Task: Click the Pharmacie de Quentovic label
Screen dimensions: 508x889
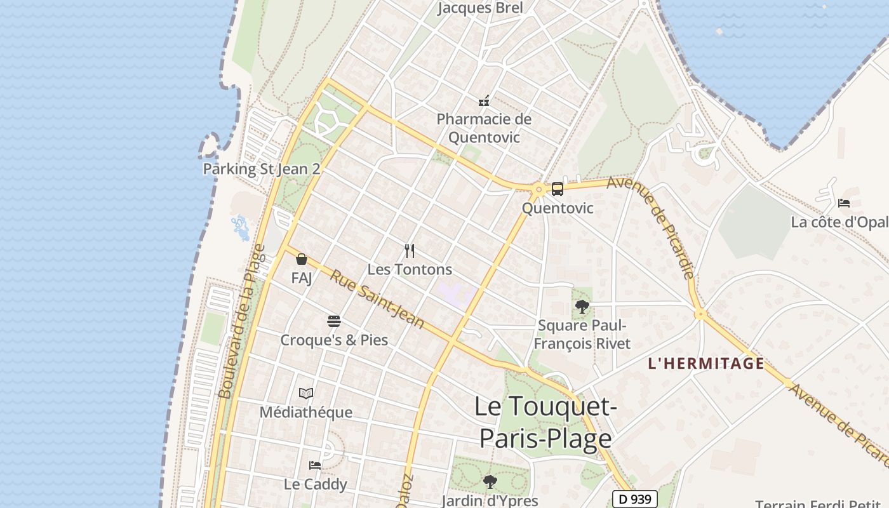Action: point(484,128)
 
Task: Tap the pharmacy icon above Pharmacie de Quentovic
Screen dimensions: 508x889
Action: point(484,100)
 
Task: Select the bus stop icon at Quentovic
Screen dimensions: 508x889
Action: point(557,189)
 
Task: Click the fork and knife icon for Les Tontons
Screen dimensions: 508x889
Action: point(410,251)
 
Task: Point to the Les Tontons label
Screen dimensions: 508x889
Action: point(410,269)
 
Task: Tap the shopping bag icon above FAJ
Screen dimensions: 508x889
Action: point(302,259)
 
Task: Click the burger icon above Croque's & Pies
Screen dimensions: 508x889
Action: point(334,321)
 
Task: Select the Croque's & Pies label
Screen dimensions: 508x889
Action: point(334,340)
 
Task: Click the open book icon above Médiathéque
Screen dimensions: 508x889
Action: point(306,394)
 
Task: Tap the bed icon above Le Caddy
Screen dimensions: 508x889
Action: point(315,465)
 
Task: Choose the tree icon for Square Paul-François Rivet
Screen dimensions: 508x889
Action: point(582,307)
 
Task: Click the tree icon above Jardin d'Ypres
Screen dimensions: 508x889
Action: point(490,482)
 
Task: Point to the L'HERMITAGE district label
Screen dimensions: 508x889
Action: point(705,363)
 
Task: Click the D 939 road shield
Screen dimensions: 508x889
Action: point(634,499)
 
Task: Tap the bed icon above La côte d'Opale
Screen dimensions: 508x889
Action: point(844,203)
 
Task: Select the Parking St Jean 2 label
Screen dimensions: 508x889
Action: point(261,169)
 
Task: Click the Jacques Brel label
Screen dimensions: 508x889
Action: point(481,8)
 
